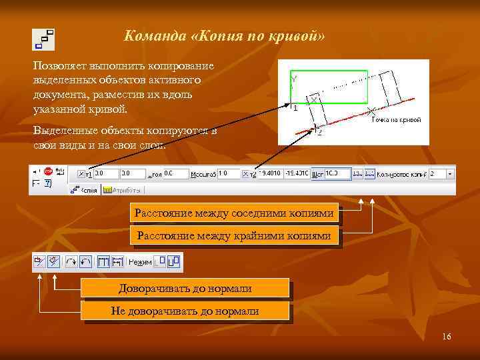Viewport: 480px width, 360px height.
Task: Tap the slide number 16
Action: (x=446, y=336)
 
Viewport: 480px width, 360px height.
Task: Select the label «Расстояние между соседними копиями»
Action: (x=234, y=213)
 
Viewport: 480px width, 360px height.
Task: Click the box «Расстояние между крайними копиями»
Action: (x=234, y=236)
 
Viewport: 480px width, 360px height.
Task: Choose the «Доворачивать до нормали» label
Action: (x=185, y=289)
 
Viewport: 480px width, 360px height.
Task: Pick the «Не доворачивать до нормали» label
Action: (x=185, y=311)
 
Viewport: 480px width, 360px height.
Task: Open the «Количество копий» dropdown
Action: (x=451, y=173)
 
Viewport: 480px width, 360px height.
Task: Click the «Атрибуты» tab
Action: (x=123, y=190)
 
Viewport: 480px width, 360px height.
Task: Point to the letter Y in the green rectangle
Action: (x=294, y=79)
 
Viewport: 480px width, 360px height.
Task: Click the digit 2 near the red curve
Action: (x=319, y=132)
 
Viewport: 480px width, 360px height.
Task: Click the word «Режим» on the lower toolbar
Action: (x=140, y=263)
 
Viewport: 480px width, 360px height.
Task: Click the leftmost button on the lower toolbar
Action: (x=39, y=262)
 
